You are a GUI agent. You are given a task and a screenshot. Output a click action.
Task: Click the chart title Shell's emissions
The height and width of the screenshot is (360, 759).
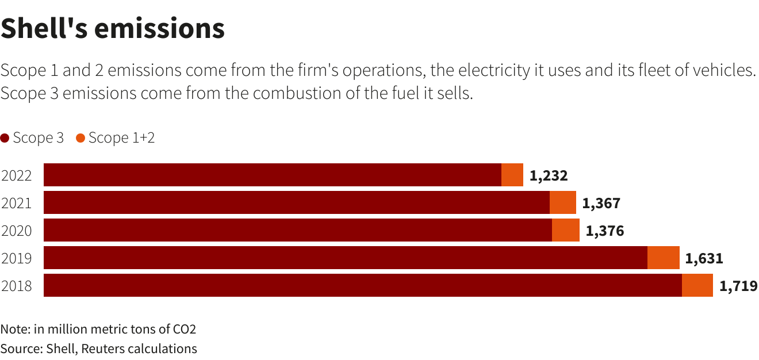coord(113,29)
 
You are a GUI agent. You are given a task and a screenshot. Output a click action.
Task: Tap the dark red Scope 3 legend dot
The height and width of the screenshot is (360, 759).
coord(5,138)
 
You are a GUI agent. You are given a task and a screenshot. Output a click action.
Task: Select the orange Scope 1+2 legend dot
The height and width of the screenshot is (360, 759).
coord(80,138)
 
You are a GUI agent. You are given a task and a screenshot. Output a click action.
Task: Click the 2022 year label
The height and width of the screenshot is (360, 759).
coord(16,175)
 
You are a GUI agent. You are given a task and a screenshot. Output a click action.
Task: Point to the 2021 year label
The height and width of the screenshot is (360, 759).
coord(16,203)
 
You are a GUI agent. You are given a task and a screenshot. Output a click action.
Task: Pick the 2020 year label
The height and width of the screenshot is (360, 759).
coord(16,231)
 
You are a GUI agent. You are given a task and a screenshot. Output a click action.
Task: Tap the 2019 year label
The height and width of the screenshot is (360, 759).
coord(16,258)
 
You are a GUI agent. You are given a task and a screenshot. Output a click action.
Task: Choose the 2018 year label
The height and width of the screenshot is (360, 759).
coord(16,286)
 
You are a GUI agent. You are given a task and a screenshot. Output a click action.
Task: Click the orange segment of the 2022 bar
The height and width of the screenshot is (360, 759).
coord(512,175)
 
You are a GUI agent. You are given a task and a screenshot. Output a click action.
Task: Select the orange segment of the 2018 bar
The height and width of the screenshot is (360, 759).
coord(697,285)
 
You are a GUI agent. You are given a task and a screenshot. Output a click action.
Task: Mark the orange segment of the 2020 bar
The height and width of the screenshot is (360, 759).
coord(566,230)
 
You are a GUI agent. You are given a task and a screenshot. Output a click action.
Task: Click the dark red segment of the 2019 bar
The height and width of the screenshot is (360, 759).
coord(345,258)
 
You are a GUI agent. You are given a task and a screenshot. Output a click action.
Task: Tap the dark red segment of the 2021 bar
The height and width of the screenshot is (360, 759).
coord(296,202)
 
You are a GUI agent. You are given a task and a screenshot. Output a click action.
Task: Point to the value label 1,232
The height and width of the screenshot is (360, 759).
coord(549,175)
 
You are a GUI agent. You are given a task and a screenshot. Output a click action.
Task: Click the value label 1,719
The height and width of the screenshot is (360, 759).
coord(738,286)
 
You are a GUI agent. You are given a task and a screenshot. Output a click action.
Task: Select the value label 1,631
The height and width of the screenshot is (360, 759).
coord(704,258)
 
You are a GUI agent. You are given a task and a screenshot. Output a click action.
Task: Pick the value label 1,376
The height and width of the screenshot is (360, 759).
coord(604,231)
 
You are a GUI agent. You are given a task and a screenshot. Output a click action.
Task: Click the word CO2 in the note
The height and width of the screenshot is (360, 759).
coord(185,330)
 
